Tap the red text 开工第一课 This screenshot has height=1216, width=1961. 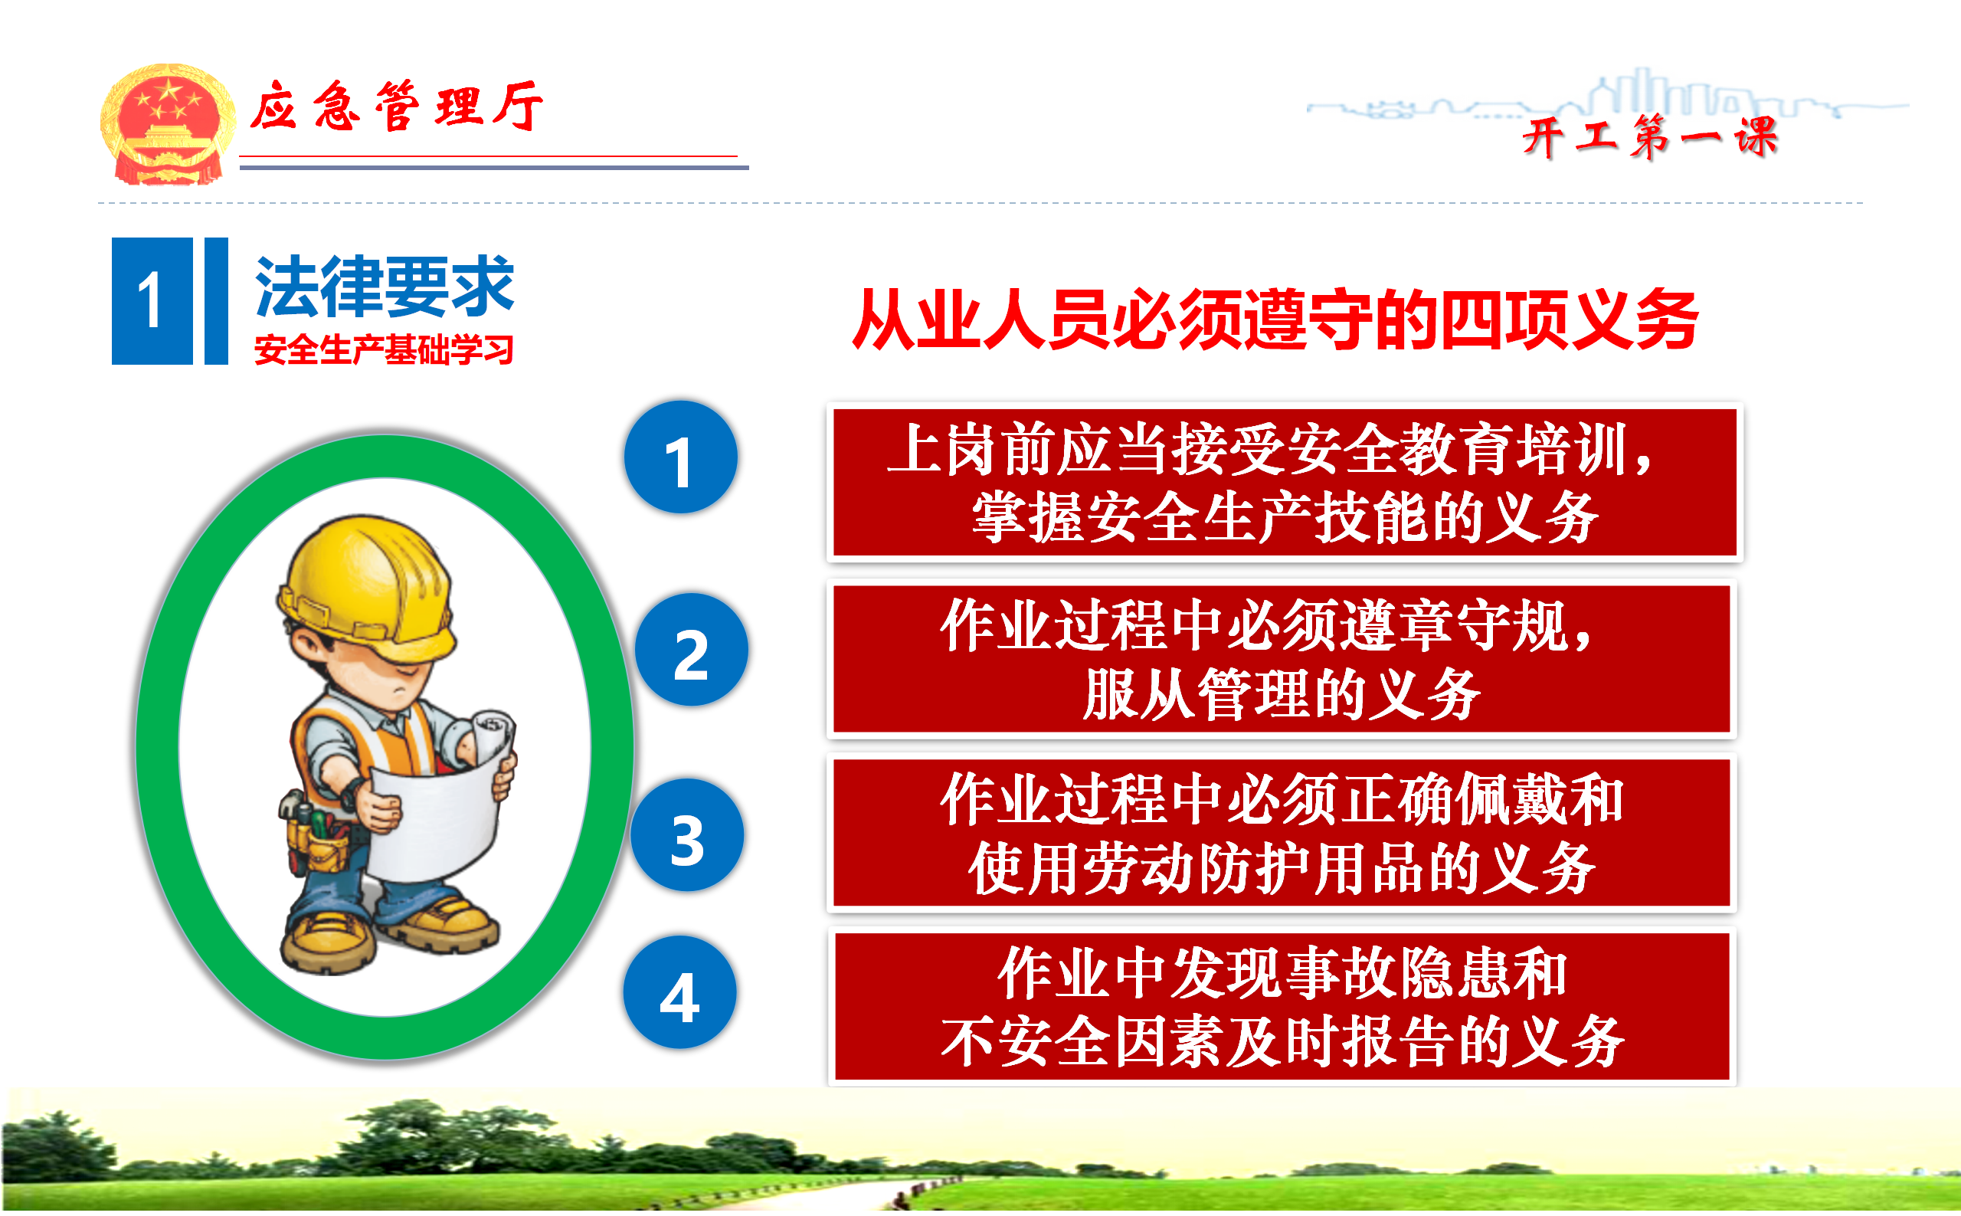1650,137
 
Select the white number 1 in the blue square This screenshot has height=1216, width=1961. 151,301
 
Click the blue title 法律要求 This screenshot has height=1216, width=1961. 385,287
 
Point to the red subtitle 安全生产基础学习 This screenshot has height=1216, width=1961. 384,350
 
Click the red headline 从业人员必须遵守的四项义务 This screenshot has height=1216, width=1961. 1275,320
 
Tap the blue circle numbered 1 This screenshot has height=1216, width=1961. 680,457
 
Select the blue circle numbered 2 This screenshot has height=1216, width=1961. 692,650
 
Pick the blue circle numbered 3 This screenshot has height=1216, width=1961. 687,834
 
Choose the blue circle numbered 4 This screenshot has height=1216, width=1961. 679,992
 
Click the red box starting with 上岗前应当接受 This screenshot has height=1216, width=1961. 1285,482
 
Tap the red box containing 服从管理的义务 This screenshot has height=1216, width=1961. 1282,659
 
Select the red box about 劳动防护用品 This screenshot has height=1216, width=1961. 1282,832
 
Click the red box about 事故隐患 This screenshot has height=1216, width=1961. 1282,1006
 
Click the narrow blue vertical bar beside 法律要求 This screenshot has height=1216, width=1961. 216,301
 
